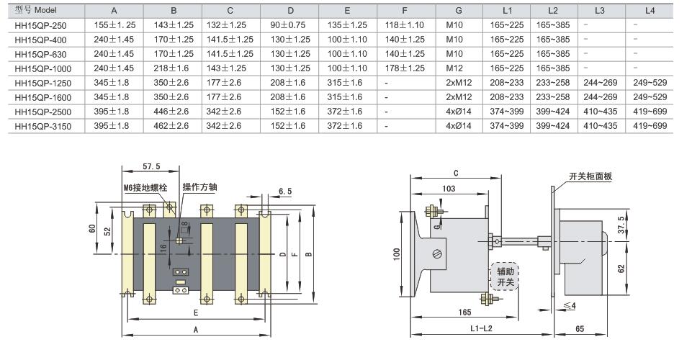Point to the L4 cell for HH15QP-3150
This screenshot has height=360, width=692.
click(x=650, y=125)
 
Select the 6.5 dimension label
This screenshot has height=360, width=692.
click(x=284, y=192)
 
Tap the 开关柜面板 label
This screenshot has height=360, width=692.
click(x=590, y=176)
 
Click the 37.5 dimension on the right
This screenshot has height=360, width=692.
click(x=620, y=225)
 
